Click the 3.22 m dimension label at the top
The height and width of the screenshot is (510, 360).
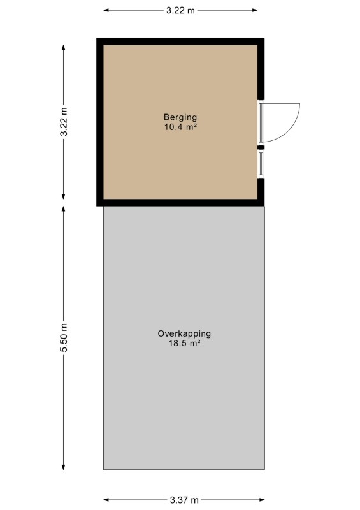click(180, 10)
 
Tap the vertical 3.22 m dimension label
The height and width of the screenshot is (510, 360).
click(64, 121)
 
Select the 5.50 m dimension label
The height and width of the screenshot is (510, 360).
click(64, 337)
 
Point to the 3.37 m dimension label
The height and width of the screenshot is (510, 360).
click(184, 500)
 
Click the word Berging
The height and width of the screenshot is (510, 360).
click(180, 117)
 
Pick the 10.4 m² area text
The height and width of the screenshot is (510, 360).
click(180, 127)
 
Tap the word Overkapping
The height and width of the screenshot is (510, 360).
click(184, 333)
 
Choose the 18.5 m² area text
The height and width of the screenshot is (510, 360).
click(184, 343)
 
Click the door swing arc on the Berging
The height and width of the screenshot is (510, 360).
click(291, 129)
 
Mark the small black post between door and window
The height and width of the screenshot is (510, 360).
click(261, 147)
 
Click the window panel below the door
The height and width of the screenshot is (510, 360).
click(261, 164)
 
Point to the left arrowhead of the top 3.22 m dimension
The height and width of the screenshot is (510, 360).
click(106, 10)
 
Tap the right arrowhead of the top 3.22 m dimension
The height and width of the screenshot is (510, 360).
click(256, 10)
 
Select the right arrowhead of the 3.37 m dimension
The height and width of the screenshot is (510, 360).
click(262, 500)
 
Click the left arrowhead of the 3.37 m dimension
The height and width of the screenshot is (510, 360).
click(106, 500)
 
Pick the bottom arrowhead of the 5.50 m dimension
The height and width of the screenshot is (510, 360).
click(64, 467)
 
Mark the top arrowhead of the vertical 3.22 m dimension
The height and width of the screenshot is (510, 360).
click(64, 47)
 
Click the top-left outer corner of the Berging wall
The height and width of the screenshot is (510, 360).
click(97, 38)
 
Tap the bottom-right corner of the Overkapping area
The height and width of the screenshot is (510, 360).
click(264, 469)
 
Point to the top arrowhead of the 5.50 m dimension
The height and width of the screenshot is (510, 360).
click(64, 209)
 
